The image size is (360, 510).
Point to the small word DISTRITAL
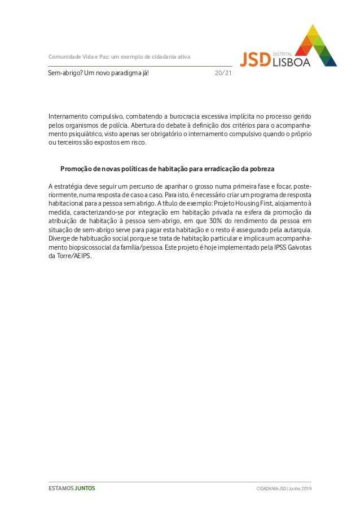coord(282,53)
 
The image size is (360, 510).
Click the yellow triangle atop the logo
coord(313,30)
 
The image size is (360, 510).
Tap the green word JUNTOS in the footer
coord(85,488)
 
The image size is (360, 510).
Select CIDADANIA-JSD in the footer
coord(270,489)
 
